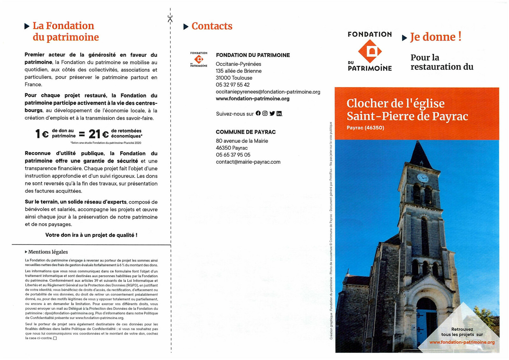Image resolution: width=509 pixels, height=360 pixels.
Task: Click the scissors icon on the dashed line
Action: pyautogui.click(x=170, y=19)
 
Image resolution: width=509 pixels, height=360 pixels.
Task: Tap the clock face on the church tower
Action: pyautogui.click(x=422, y=178)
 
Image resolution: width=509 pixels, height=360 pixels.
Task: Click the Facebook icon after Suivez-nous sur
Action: pyautogui.click(x=258, y=113)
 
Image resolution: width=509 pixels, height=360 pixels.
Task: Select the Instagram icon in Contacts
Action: pyautogui.click(x=265, y=113)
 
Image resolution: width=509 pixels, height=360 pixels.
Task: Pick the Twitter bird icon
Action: pyautogui.click(x=272, y=113)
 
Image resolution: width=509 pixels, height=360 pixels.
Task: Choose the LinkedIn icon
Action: pyautogui.click(x=279, y=113)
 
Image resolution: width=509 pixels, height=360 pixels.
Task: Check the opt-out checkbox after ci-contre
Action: pyautogui.click(x=55, y=338)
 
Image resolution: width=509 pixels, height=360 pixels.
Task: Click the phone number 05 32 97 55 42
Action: pyautogui.click(x=233, y=85)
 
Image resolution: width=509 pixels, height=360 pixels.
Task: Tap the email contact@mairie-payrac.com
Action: pyautogui.click(x=248, y=162)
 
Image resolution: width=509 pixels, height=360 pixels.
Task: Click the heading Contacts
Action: pyautogui.click(x=212, y=26)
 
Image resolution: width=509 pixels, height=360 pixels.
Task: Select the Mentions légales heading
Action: pyautogui.click(x=48, y=252)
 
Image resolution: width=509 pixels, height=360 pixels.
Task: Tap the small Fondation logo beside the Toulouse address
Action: pyautogui.click(x=199, y=59)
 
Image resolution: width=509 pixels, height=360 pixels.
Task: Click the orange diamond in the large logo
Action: pyautogui.click(x=370, y=51)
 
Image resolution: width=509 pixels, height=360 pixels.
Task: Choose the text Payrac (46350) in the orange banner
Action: pyautogui.click(x=365, y=128)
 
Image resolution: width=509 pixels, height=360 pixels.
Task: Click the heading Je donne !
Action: pyautogui.click(x=435, y=37)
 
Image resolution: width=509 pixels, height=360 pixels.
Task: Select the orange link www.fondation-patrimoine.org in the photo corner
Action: pyautogui.click(x=462, y=342)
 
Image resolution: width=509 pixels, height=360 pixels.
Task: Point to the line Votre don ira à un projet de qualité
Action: pyautogui.click(x=91, y=235)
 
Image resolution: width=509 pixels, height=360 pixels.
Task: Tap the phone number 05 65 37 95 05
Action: pyautogui.click(x=233, y=155)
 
